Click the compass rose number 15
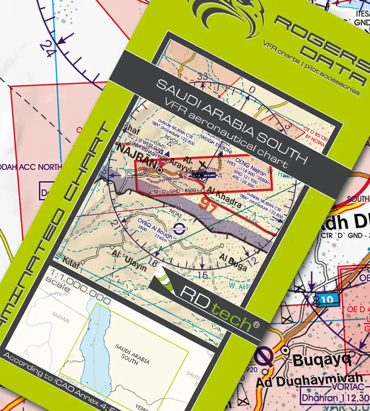(x=201, y=275)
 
